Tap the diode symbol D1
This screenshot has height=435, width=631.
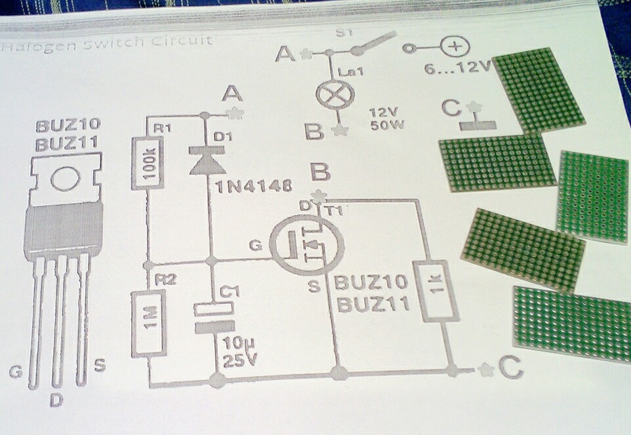click(x=204, y=160)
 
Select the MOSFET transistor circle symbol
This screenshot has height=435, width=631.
click(x=304, y=246)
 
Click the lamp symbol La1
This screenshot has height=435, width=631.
click(x=331, y=93)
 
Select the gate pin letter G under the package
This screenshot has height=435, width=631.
click(x=16, y=372)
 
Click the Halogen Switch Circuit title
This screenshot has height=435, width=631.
click(x=106, y=42)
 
